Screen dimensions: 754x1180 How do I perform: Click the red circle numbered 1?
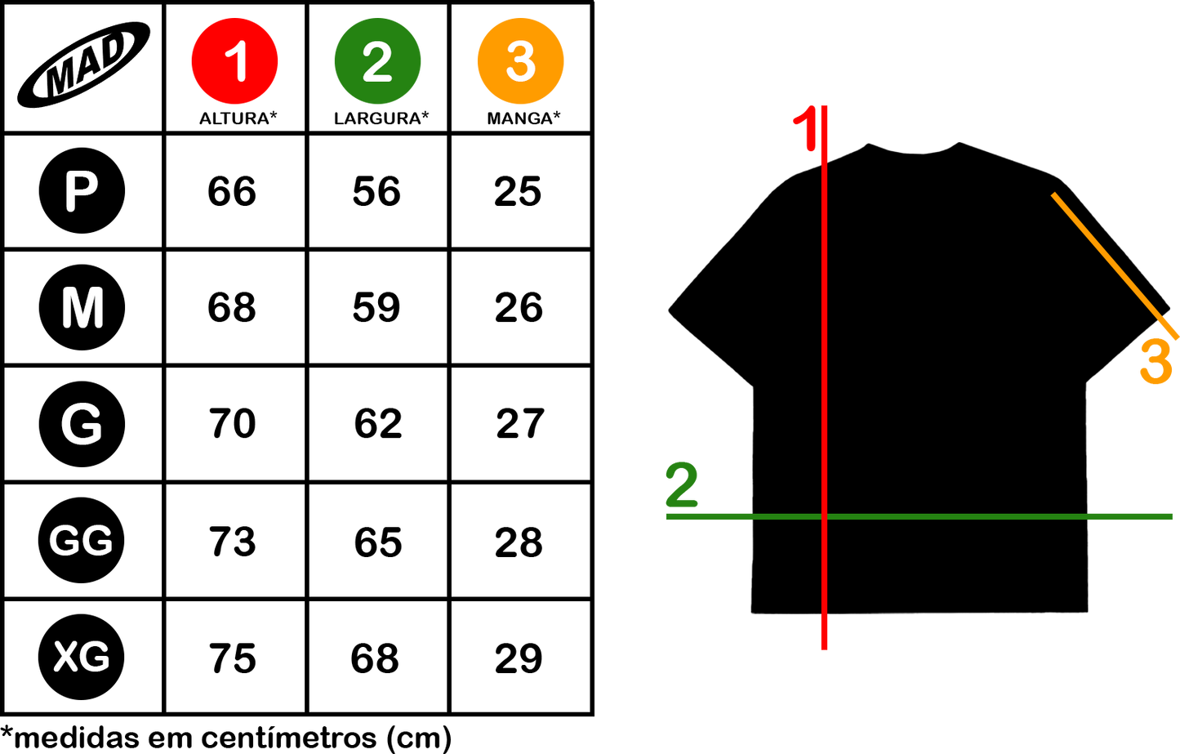pos(234,61)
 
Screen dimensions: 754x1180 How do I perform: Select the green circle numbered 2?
pos(377,61)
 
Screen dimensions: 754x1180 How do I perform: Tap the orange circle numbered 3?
pos(520,61)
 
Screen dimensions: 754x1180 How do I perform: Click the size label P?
pos(81,192)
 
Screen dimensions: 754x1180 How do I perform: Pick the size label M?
pos(82,308)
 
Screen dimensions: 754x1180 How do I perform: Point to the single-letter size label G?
pos(82,425)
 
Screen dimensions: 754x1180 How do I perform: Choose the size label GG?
pos(81,541)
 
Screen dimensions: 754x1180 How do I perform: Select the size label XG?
pos(82,657)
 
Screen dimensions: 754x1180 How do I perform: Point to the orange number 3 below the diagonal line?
pos(1156,363)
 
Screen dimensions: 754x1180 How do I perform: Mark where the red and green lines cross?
pos(824,516)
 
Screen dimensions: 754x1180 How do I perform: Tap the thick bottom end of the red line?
pos(824,634)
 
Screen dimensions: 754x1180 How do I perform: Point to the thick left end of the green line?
pos(707,516)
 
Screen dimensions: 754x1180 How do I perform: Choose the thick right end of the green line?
pos(1132,516)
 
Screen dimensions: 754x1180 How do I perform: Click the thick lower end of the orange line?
pos(1169,328)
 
